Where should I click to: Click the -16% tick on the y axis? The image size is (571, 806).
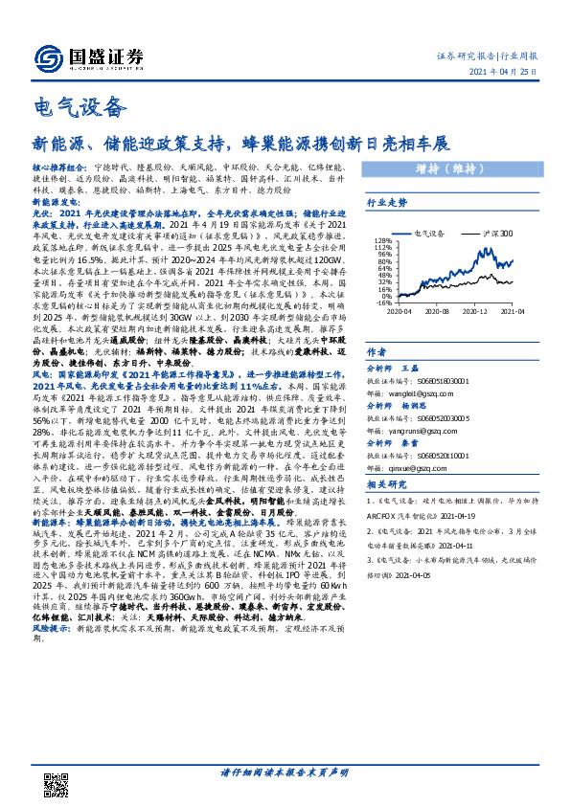(380, 301)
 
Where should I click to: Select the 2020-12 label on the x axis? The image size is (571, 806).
(479, 309)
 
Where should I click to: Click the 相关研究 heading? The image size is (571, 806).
(387, 515)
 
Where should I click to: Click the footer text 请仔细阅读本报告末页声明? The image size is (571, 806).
(285, 772)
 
